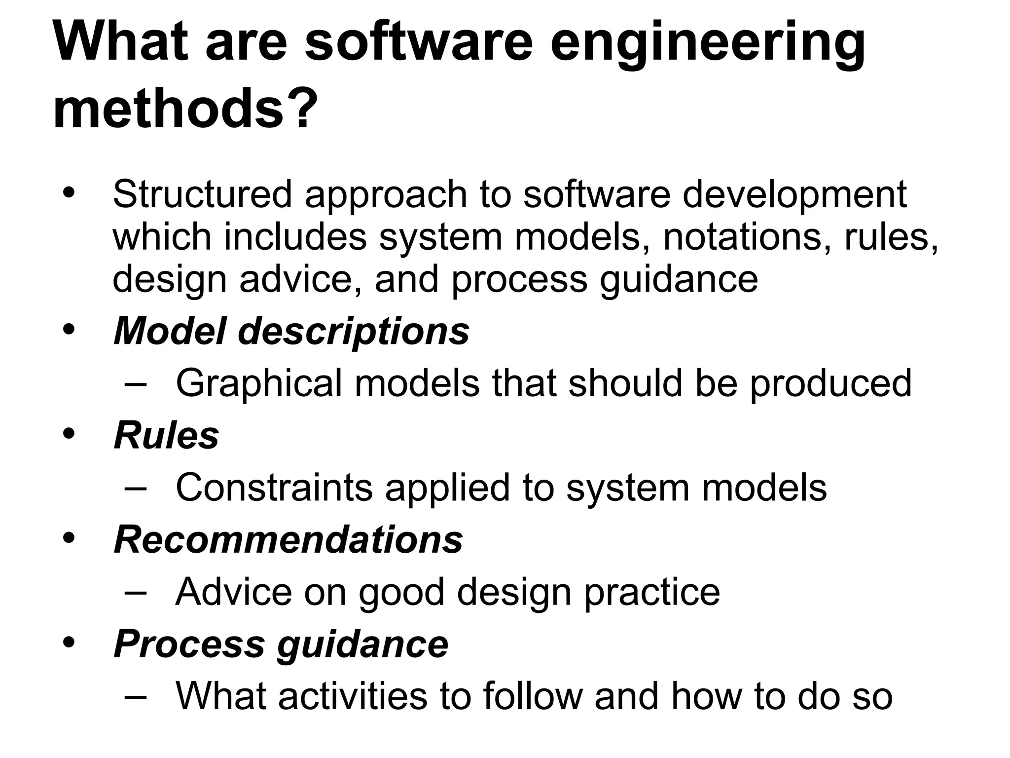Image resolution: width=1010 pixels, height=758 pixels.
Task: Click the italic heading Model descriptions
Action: (291, 331)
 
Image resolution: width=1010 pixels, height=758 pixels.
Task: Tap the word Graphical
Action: (258, 383)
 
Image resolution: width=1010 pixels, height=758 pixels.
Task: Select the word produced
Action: (830, 383)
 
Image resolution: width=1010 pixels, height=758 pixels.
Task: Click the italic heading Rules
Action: (166, 436)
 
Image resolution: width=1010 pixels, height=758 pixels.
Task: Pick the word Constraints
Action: (274, 488)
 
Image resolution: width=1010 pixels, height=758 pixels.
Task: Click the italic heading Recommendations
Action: (288, 540)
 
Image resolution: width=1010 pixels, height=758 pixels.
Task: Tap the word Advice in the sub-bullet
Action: (234, 592)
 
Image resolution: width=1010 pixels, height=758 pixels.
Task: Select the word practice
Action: (652, 592)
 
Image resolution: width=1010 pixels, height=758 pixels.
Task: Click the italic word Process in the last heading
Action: (189, 644)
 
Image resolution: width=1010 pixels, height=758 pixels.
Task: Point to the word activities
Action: (353, 696)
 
